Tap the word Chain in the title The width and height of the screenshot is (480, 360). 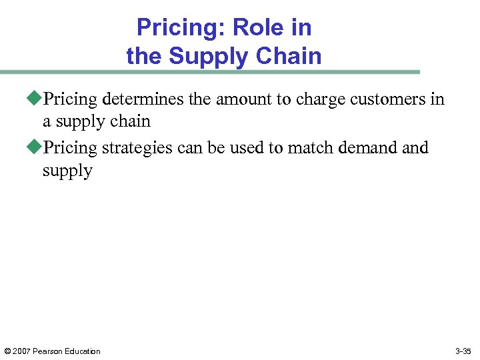[291, 56]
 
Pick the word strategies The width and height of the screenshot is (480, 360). [135, 147]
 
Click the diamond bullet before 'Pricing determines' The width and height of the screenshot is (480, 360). [37, 99]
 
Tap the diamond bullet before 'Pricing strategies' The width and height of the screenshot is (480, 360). [37, 147]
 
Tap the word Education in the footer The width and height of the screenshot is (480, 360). [83, 351]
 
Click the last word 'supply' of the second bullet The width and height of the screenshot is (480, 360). [67, 171]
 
